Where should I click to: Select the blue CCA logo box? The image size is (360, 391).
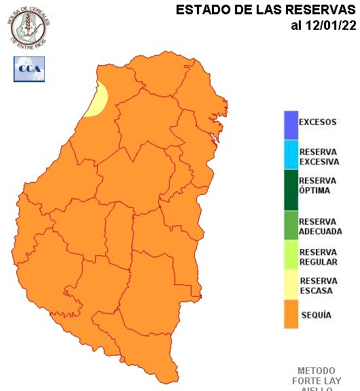point(29,69)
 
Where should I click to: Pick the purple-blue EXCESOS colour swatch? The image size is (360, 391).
point(291,124)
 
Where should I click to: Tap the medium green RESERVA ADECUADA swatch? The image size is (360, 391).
point(291,226)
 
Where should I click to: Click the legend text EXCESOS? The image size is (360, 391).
point(317,123)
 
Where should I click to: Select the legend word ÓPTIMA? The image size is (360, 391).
point(314,191)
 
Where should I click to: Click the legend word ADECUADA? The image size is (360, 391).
point(320,231)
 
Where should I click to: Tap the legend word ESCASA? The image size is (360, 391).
point(316,291)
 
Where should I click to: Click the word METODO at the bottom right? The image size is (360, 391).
point(317,371)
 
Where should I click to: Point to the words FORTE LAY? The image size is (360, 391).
point(317,381)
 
